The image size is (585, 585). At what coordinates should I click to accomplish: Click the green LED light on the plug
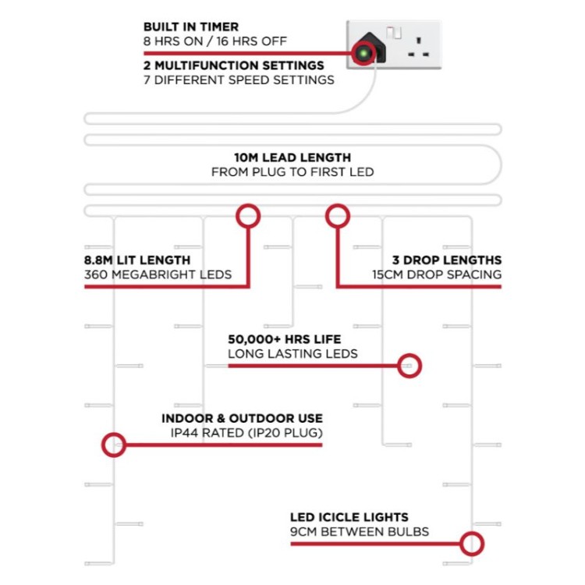click(363, 53)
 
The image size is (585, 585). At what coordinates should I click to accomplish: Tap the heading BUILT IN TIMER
click(191, 27)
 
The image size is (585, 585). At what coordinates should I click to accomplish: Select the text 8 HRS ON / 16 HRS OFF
click(215, 41)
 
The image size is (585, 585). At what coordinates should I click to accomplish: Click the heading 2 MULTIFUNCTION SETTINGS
click(234, 66)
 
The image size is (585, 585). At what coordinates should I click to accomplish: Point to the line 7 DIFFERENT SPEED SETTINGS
click(239, 80)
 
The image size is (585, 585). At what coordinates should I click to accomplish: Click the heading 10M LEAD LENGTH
click(292, 158)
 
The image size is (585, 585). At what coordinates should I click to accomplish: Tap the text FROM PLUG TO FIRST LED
click(292, 172)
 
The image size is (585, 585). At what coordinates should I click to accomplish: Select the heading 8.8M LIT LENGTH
click(137, 260)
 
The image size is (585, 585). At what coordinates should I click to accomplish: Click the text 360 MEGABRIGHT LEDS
click(158, 275)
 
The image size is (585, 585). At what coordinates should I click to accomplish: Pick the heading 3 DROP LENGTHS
click(447, 260)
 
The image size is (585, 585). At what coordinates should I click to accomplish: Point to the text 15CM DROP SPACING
click(437, 275)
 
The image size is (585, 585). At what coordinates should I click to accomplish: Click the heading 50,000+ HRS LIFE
click(285, 339)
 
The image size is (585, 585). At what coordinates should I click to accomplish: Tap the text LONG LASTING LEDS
click(292, 353)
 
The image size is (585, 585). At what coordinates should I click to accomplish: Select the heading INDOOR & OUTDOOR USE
click(242, 418)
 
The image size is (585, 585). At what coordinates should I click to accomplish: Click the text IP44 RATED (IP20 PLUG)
click(246, 433)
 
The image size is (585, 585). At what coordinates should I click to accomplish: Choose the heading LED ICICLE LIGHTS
click(349, 517)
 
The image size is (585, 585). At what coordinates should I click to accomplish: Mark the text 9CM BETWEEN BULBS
click(360, 532)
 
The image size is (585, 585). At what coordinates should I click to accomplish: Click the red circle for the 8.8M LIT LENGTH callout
click(248, 204)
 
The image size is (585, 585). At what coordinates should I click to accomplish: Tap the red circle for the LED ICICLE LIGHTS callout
click(472, 532)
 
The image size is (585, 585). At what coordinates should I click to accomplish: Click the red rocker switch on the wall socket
click(394, 33)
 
